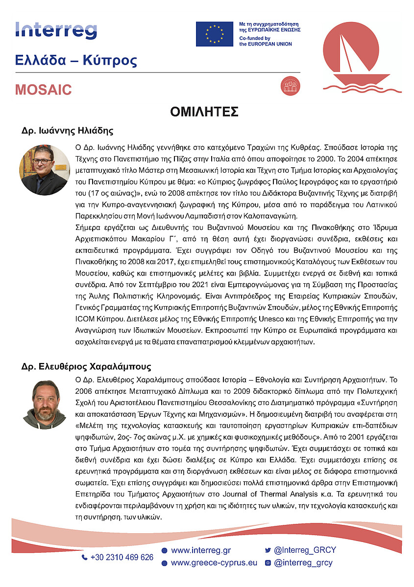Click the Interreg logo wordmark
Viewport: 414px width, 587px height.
pos(56,30)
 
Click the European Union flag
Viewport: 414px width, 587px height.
pos(215,34)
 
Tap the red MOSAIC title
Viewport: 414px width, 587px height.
pos(43,90)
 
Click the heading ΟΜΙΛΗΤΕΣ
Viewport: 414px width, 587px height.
pos(204,112)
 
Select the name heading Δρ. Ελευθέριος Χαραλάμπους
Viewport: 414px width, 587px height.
pos(86,366)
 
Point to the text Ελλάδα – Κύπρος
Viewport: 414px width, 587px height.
pos(76,61)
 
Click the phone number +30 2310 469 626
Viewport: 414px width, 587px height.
pos(122,557)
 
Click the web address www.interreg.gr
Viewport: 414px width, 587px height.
pos(201,550)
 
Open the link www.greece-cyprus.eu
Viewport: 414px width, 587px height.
pos(214,563)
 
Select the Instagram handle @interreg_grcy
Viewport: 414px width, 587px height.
pos(303,563)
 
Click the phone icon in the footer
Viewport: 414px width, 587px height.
pos(84,557)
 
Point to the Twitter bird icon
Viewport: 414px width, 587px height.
pos(268,550)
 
